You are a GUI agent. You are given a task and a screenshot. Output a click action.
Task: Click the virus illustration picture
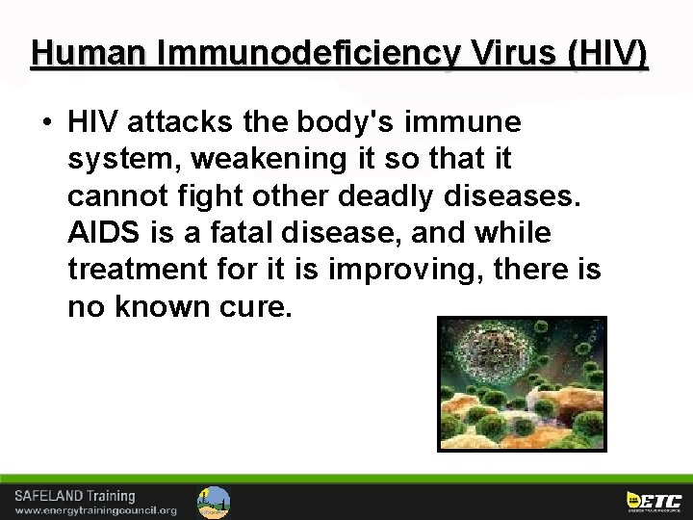pyautogui.click(x=522, y=382)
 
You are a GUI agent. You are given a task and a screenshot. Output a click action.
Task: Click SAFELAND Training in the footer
pyautogui.click(x=75, y=495)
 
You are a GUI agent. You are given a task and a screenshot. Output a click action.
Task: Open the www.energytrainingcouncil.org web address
pyautogui.click(x=95, y=510)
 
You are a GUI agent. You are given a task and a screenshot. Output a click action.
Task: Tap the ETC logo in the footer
pyautogui.click(x=654, y=501)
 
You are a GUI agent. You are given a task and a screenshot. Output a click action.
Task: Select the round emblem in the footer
pyautogui.click(x=214, y=502)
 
